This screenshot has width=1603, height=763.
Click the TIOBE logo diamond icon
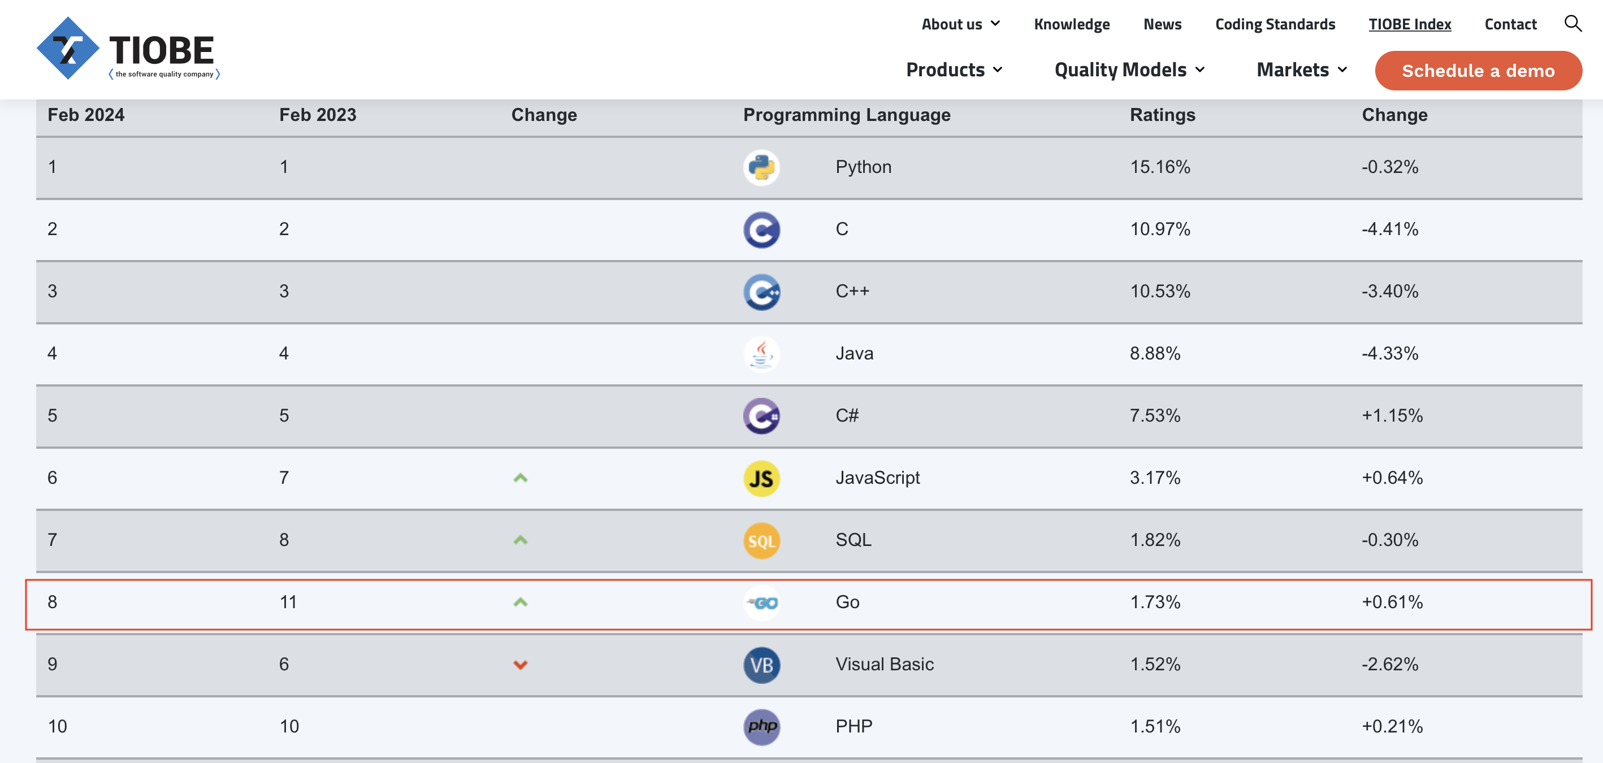tap(67, 49)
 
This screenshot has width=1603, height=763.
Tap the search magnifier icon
tap(1572, 24)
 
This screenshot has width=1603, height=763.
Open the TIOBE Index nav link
tap(1410, 24)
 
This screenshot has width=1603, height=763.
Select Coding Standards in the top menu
tap(1275, 24)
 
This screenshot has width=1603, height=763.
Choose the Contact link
tap(1510, 24)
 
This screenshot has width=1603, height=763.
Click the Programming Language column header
tap(847, 115)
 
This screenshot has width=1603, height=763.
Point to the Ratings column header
tap(1163, 115)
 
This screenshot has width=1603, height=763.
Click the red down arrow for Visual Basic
tap(520, 665)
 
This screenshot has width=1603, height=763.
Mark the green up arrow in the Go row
tap(520, 602)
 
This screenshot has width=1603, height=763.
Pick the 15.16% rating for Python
tap(1160, 167)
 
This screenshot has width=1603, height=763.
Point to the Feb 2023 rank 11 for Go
tap(288, 602)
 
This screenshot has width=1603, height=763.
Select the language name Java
tap(854, 353)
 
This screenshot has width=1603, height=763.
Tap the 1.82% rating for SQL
tap(1155, 540)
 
